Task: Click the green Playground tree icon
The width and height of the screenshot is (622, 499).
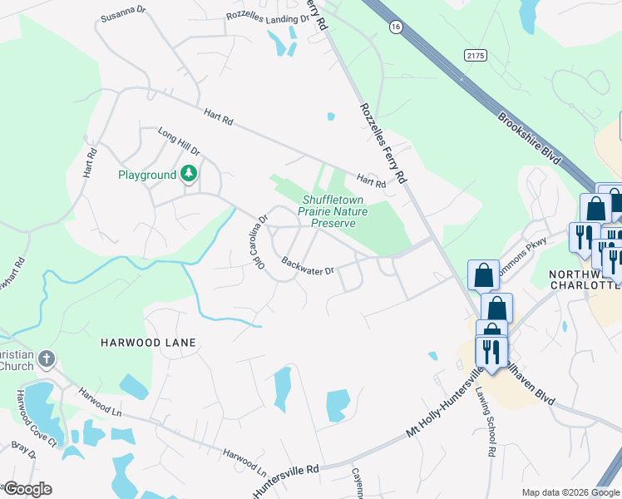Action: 190,174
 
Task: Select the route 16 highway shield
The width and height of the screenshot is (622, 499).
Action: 394,27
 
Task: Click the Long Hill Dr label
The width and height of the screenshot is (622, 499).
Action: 179,141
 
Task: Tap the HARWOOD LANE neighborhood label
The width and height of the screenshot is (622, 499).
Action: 148,343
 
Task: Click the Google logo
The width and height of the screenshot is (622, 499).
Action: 27,489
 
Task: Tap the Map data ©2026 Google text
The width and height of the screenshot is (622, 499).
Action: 570,492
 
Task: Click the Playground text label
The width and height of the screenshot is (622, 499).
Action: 147,175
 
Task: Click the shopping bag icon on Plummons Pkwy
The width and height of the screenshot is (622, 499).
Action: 483,274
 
